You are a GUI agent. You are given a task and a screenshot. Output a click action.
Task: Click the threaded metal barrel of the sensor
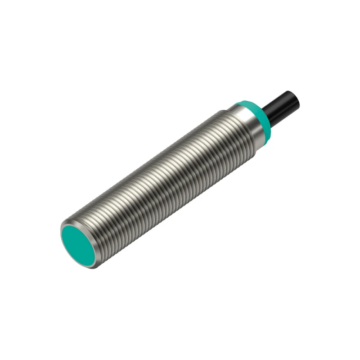click(162, 180)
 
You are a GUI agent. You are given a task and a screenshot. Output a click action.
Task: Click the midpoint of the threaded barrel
click(162, 180)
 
